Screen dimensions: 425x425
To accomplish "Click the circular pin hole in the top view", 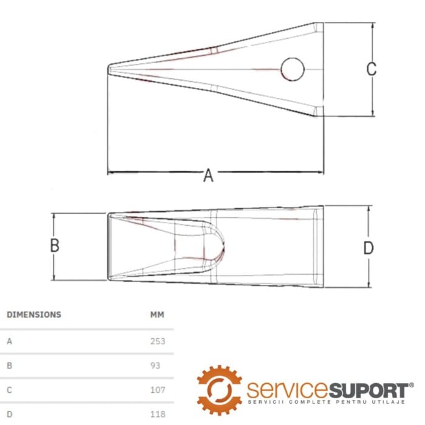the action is point(293,69).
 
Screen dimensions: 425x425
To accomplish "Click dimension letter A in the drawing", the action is point(208,175).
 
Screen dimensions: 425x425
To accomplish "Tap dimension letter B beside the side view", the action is point(55,245).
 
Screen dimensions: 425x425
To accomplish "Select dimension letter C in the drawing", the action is point(371,69).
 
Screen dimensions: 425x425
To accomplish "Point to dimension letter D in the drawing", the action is point(368,248).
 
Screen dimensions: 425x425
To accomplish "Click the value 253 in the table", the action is point(158,341).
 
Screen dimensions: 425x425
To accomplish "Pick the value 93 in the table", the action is point(155,365).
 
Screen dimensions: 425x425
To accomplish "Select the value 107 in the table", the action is point(158,390).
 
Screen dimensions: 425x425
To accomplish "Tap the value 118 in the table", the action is point(158,414).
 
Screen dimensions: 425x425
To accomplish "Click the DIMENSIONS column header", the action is point(34,314).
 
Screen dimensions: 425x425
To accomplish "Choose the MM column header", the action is point(157,314).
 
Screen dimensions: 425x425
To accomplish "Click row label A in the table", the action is point(10,341).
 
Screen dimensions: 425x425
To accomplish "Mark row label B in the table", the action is point(10,365).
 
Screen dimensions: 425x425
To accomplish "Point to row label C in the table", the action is point(10,390).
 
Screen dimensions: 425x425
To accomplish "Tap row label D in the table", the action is point(10,414).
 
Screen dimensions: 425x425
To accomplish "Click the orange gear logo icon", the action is point(219,390).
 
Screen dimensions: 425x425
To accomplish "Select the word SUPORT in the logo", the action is point(369,390).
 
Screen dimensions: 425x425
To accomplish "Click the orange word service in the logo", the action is point(288,390).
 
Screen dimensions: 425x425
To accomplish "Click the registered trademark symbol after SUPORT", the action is point(411,385).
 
